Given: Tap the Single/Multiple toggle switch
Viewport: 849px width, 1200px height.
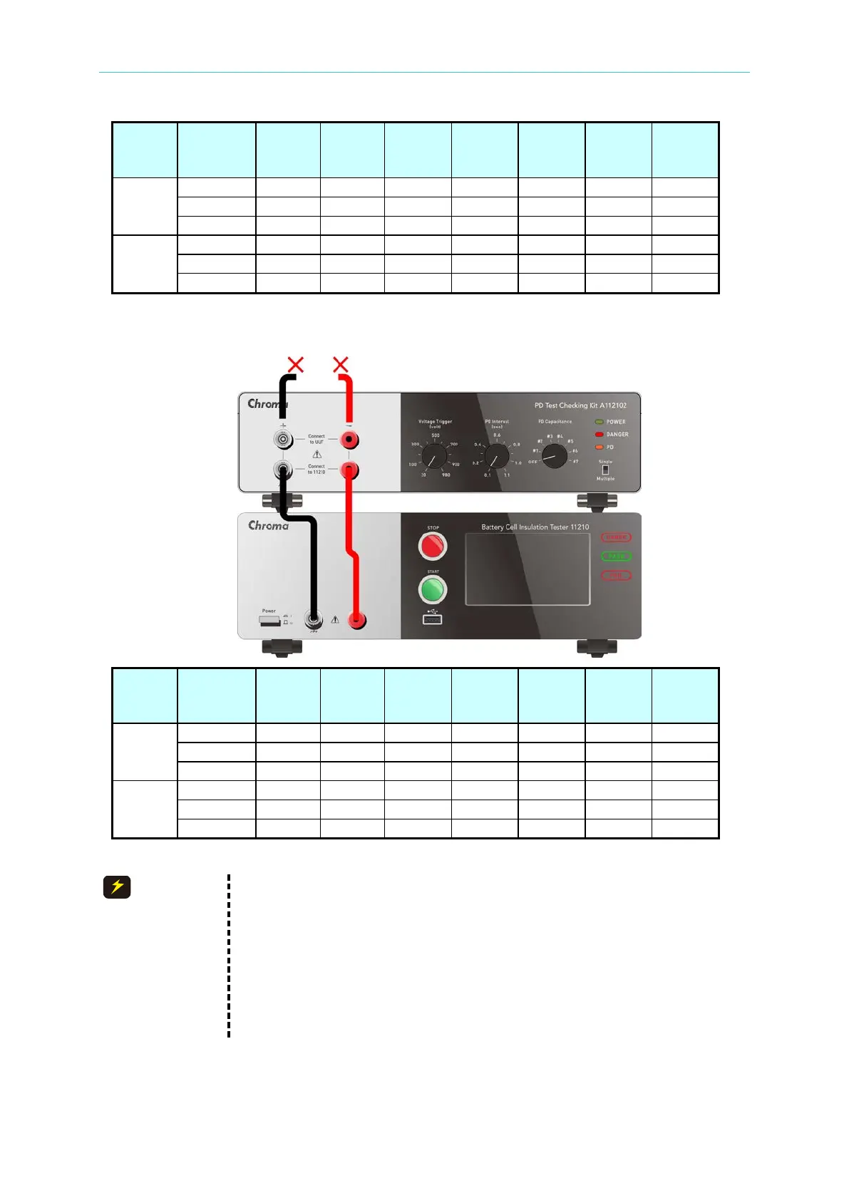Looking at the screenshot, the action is tap(605, 470).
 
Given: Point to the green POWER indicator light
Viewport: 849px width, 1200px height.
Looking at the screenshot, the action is tap(600, 422).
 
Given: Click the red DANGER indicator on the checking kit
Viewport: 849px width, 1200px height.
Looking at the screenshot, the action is tap(600, 435).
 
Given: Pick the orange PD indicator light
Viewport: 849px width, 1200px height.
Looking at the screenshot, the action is tap(600, 448).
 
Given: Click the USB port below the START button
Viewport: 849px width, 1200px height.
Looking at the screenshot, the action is tap(432, 619).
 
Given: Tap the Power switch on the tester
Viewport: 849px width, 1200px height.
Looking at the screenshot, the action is tap(269, 621).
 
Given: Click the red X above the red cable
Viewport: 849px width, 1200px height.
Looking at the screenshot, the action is tap(341, 365).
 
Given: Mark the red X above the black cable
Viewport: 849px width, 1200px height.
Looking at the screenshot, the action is tap(295, 365).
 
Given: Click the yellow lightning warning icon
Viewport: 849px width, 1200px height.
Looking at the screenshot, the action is tap(117, 887).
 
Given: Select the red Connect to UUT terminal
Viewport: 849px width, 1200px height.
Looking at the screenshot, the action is tap(349, 440).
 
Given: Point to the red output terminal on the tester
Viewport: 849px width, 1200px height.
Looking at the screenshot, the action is tap(357, 621).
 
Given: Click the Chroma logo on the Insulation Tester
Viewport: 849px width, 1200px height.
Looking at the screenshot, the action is tap(268, 526).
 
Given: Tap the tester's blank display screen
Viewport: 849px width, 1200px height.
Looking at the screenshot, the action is tap(528, 569).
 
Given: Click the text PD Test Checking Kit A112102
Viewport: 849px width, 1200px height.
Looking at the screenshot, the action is tap(580, 405).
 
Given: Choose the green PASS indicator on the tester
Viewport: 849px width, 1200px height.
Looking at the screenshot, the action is tap(616, 557).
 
